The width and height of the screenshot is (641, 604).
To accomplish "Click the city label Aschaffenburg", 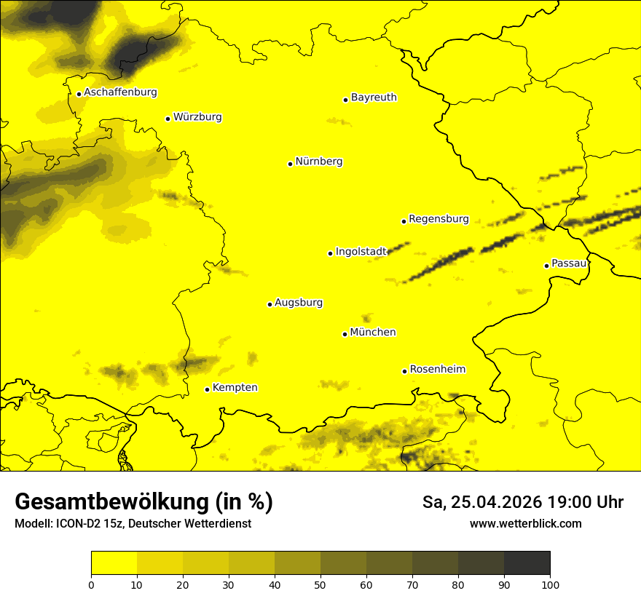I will pyautogui.click(x=120, y=92).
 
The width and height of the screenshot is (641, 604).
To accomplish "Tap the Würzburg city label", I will pyautogui.click(x=197, y=117).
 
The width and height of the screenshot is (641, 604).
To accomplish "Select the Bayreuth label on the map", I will pyautogui.click(x=374, y=98).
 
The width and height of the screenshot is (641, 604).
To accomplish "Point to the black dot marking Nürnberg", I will pyautogui.click(x=290, y=164).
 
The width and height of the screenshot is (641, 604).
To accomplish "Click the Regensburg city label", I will pyautogui.click(x=439, y=219).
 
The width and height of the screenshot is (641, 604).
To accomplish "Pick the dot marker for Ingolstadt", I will pyautogui.click(x=330, y=253).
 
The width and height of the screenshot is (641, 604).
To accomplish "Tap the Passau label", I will pyautogui.click(x=569, y=263).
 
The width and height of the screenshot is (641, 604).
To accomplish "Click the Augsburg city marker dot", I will pyautogui.click(x=270, y=304).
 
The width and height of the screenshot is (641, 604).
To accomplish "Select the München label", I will pyautogui.click(x=373, y=333).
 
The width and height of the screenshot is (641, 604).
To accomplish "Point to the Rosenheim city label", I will pyautogui.click(x=437, y=370).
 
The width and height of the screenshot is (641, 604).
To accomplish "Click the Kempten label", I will pyautogui.click(x=235, y=388).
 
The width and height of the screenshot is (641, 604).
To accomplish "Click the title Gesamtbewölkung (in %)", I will pyautogui.click(x=143, y=502).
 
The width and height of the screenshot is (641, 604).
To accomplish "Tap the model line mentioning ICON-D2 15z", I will pyautogui.click(x=133, y=524).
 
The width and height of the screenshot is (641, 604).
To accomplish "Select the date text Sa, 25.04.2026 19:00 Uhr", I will pyautogui.click(x=522, y=502).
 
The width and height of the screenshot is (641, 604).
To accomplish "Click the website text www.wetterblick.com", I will pyautogui.click(x=525, y=524).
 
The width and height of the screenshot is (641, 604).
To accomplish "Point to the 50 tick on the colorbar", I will pyautogui.click(x=320, y=584).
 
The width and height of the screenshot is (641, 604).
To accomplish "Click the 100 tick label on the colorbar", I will pyautogui.click(x=550, y=584).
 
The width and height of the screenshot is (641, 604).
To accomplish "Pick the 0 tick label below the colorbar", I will pyautogui.click(x=91, y=584).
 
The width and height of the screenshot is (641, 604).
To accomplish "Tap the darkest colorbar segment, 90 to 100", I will pyautogui.click(x=527, y=563).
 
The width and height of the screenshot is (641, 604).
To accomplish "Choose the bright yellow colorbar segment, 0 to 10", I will pyautogui.click(x=114, y=563).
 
